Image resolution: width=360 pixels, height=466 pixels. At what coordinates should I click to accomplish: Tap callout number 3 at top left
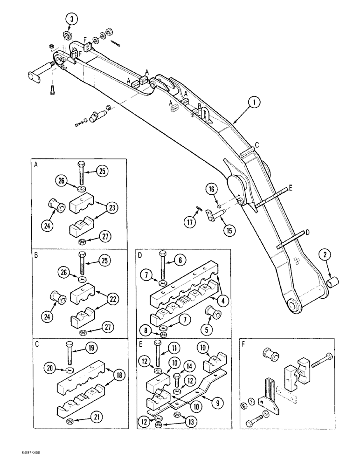(71, 19)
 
